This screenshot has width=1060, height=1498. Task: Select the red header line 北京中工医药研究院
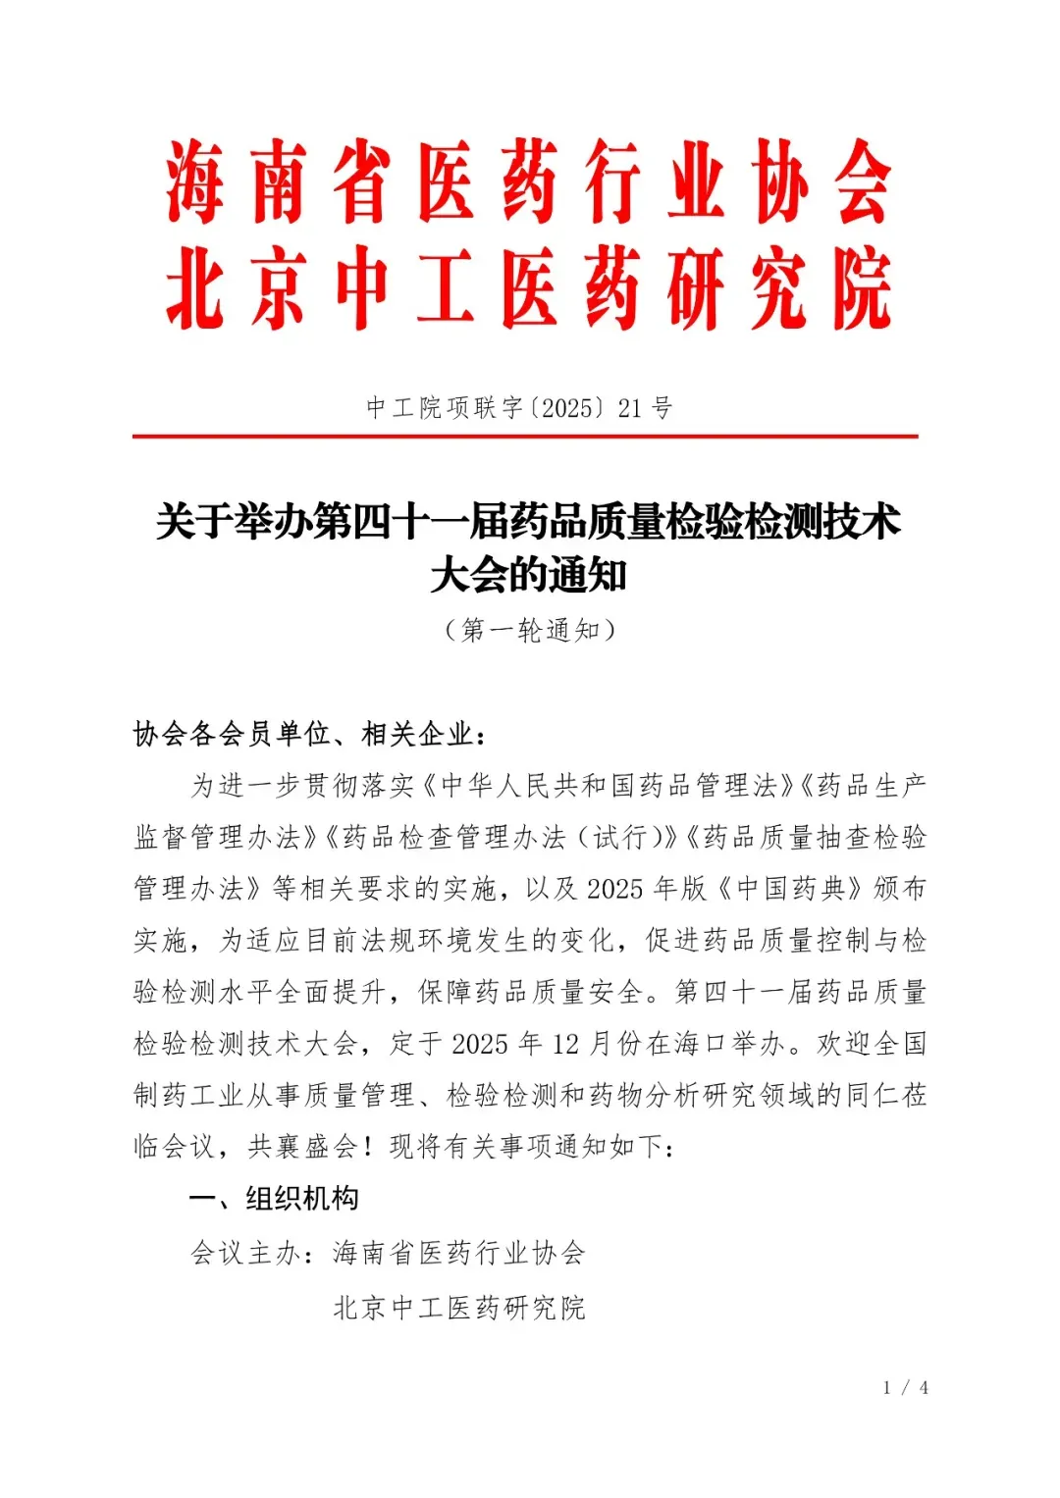coord(529,290)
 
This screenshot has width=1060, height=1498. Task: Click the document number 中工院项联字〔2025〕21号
coord(519,408)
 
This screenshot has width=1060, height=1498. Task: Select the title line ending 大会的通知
coord(529,575)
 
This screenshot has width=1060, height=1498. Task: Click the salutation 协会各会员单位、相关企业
coord(309,734)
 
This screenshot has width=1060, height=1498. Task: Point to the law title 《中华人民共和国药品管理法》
coord(609,786)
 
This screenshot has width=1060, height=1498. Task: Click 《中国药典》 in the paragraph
coord(790,889)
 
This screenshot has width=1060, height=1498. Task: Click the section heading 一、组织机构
coord(274,1199)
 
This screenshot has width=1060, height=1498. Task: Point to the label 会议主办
coord(245,1253)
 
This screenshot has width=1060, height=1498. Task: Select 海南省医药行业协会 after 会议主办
coord(459,1253)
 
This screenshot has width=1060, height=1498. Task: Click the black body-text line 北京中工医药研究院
coord(459,1308)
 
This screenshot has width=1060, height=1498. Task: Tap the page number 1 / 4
coord(905,1388)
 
